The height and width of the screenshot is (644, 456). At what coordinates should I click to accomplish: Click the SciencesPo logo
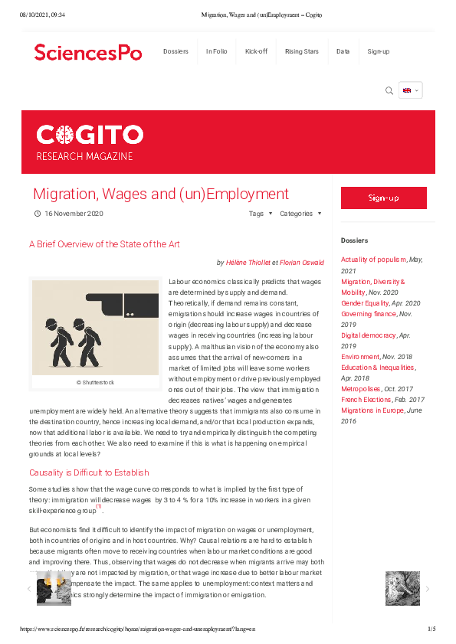[87, 52]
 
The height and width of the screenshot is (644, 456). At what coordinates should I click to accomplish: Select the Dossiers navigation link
[176, 51]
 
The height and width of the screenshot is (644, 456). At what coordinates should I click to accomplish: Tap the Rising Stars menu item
[301, 51]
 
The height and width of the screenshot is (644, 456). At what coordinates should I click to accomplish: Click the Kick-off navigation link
[256, 51]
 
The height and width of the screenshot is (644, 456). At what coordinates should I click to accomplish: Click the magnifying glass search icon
[389, 90]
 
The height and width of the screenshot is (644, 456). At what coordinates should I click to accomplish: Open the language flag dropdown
[410, 90]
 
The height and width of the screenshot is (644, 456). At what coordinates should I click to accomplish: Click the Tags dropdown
[260, 214]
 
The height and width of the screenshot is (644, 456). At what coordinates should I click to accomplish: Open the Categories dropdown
[300, 214]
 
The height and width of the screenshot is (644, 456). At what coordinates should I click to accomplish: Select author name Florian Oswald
[302, 263]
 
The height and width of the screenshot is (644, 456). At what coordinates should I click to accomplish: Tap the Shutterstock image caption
[94, 381]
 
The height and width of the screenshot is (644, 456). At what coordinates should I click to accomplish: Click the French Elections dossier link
[366, 400]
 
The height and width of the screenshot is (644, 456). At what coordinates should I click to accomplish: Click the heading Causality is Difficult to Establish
[89, 472]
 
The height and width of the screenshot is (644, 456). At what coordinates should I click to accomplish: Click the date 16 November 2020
[74, 214]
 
